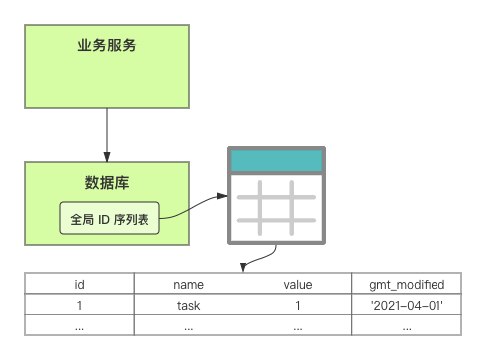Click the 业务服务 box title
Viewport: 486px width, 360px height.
point(107,45)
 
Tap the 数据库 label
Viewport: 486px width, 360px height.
point(107,183)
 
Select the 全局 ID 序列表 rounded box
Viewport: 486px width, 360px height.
point(110,219)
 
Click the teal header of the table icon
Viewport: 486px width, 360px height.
point(276,161)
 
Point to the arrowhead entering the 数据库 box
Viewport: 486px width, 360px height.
point(107,157)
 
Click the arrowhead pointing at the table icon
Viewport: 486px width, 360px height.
point(222,196)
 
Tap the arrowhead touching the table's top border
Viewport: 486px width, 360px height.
point(243,268)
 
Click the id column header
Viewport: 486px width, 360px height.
point(79,284)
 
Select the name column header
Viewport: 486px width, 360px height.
point(188,285)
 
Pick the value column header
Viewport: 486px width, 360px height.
point(298,285)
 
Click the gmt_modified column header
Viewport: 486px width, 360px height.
point(407,285)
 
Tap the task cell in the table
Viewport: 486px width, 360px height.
point(188,306)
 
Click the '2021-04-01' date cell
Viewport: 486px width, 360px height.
point(407,306)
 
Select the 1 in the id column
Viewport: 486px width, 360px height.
point(79,306)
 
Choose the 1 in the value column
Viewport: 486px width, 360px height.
point(298,306)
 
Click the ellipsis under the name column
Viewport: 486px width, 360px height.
point(188,328)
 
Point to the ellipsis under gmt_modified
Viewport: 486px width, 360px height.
point(407,328)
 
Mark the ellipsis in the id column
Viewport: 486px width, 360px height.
point(79,328)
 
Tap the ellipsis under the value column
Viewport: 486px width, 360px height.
point(298,328)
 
